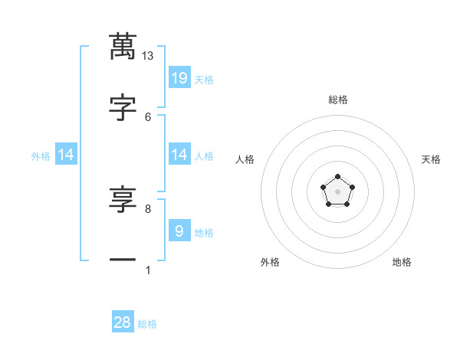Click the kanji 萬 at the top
[122, 46]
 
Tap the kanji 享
[122, 201]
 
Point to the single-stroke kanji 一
[122, 260]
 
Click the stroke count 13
[148, 56]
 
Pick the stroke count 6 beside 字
[148, 116]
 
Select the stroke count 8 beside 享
[148, 208]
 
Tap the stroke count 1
[148, 270]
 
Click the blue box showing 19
[179, 77]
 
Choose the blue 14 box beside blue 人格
[179, 155]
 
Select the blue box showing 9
[179, 231]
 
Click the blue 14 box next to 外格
[66, 155]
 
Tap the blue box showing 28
[123, 322]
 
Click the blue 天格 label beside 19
[204, 80]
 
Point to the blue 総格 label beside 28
[147, 325]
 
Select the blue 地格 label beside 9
[204, 233]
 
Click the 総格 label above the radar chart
[337, 100]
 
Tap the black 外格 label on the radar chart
[270, 262]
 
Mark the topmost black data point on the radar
[337, 177]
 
